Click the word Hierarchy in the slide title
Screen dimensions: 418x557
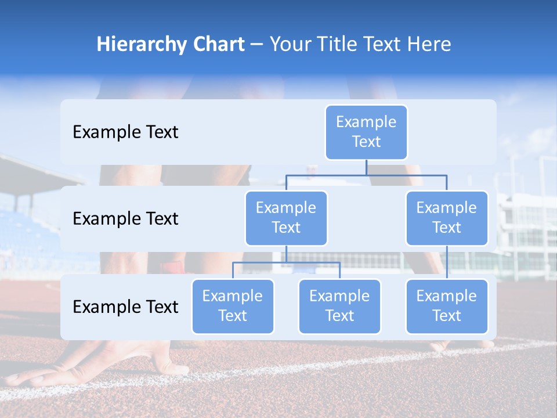[139, 45]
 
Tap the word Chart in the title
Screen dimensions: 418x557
[218, 45]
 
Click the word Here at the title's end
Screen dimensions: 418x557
[429, 45]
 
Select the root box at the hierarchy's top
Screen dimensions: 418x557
[366, 132]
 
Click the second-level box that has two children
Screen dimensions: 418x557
[286, 218]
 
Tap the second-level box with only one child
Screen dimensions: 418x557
[447, 218]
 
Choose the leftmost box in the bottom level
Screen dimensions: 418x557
[233, 306]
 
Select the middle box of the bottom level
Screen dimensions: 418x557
[339, 306]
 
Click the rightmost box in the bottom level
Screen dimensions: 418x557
[447, 306]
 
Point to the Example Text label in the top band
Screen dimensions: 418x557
[125, 132]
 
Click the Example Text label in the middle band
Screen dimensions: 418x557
[125, 219]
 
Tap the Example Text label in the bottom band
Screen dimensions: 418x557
[125, 307]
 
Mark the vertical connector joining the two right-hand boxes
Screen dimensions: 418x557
[447, 262]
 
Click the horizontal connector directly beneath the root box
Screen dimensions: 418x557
[366, 174]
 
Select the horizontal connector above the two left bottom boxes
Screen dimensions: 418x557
[286, 262]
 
